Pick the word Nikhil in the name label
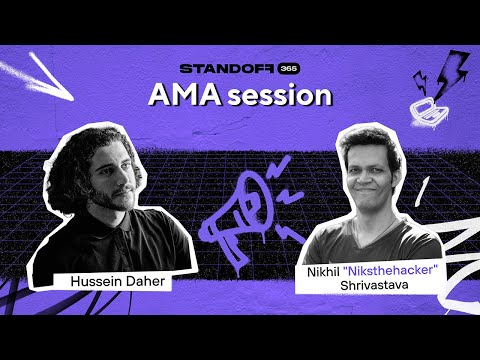tap(330, 268)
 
